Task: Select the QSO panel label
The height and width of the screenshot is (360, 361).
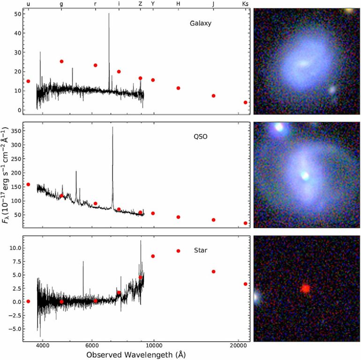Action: (201, 137)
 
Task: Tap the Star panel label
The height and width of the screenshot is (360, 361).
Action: (201, 251)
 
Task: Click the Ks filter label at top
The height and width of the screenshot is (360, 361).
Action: (245, 4)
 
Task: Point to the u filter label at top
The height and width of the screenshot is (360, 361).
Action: (28, 4)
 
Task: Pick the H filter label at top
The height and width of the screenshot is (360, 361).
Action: (178, 4)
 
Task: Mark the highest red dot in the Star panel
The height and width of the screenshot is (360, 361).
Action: (178, 251)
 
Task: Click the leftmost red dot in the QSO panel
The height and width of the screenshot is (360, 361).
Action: (28, 184)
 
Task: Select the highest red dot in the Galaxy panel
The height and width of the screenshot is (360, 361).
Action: (61, 61)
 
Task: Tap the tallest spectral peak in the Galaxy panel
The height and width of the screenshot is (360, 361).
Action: (109, 14)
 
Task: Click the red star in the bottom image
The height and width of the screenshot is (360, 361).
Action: (305, 288)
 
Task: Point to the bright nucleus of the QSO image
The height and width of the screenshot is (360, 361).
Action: (305, 176)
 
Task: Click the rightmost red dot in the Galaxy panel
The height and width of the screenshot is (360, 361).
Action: (245, 102)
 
